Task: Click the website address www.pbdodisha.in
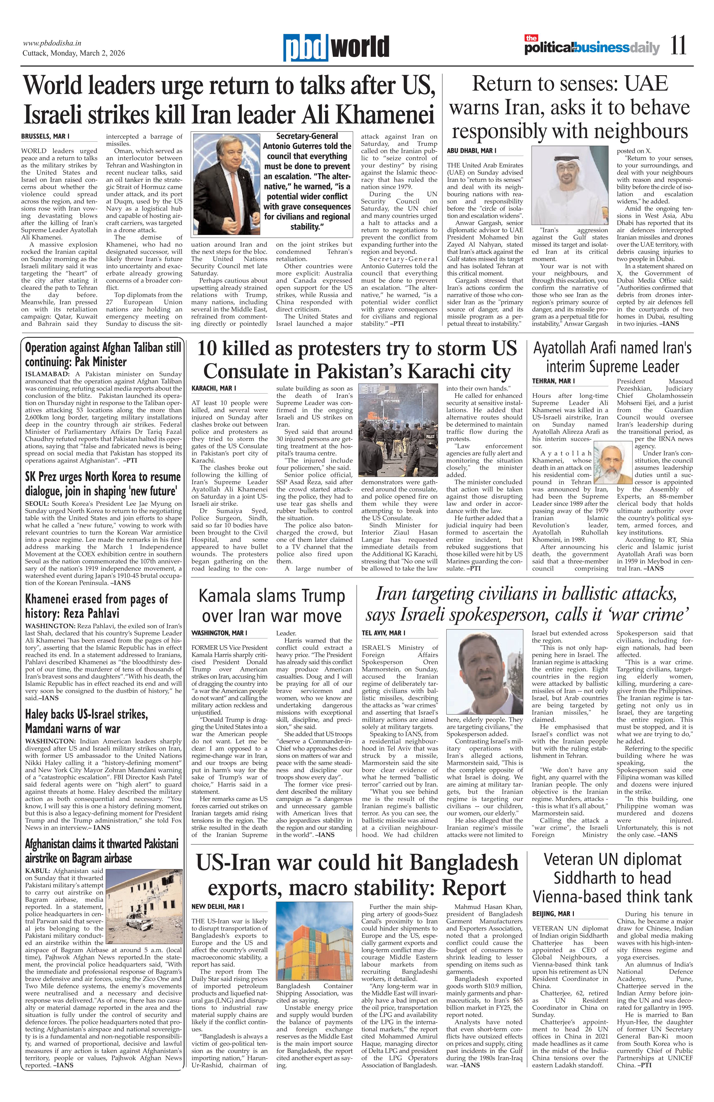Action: click(52, 43)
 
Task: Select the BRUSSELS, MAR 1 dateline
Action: click(45, 137)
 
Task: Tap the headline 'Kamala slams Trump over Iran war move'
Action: click(272, 606)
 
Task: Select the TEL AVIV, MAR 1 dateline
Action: click(383, 633)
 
